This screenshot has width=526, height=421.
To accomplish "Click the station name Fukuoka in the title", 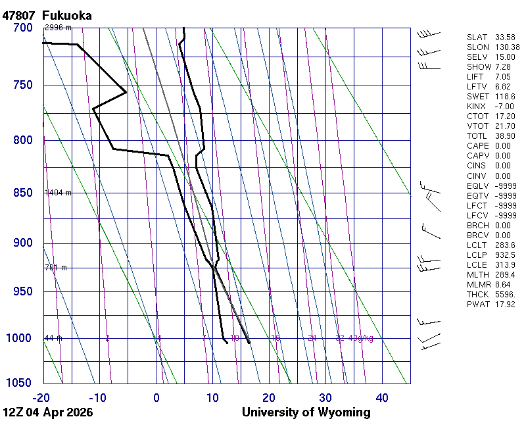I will pos(66,15).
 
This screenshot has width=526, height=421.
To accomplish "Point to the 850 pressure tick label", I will pos(22,193).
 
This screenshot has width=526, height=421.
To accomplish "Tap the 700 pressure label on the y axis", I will pos(22,28).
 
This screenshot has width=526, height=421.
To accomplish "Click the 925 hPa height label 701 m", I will pos(57,268).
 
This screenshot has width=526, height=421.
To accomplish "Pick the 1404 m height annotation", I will pos(58,193).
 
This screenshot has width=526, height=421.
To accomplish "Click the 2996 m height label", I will pos(58,28).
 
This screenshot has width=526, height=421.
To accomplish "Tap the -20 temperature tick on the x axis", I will pos(41,397).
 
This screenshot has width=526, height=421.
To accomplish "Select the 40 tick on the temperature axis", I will pos(382,397).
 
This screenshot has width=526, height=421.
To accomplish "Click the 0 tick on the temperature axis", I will pos(156,397).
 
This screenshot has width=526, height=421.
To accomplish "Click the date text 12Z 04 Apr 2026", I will pos(48,412).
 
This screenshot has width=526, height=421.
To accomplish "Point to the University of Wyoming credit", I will pos(306,412).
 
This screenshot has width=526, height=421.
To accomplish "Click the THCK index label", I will pos(477,294).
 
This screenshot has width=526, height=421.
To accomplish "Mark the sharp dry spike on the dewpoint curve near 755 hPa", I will pos(124,92).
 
